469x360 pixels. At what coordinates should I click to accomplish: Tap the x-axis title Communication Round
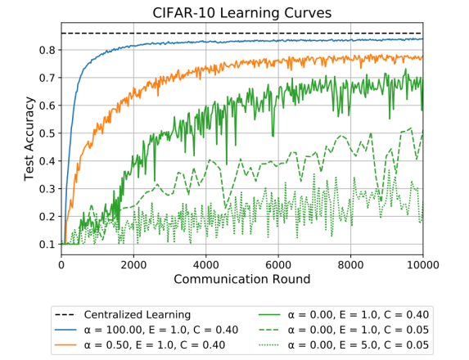(242, 280)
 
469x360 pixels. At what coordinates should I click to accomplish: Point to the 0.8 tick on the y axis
(47, 50)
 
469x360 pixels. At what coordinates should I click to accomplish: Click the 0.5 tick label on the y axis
(47, 133)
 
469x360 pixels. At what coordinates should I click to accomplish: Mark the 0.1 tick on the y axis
(47, 245)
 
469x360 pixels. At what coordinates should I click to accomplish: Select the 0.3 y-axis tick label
(47, 189)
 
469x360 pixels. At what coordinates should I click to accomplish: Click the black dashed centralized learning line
(246, 34)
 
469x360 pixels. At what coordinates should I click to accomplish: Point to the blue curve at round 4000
(206, 41)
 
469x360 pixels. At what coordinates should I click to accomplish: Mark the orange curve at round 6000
(278, 62)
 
